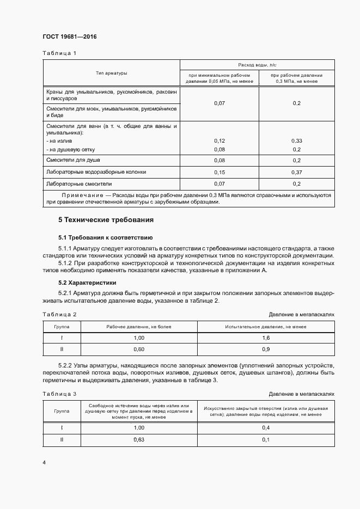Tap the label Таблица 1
click(x=59, y=53)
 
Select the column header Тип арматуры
click(x=111, y=73)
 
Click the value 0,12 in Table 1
click(x=219, y=140)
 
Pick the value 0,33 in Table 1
click(x=297, y=140)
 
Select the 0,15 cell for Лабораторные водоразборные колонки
click(x=219, y=171)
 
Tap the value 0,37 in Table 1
click(x=297, y=171)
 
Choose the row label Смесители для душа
click(x=74, y=160)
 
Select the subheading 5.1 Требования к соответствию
click(x=105, y=237)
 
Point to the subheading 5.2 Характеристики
click(x=87, y=283)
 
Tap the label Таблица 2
click(x=59, y=315)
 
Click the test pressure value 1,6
click(x=266, y=338)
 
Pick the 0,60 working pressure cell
click(x=138, y=349)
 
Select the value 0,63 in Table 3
click(x=138, y=439)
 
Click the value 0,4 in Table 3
click(x=266, y=428)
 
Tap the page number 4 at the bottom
click(x=44, y=463)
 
